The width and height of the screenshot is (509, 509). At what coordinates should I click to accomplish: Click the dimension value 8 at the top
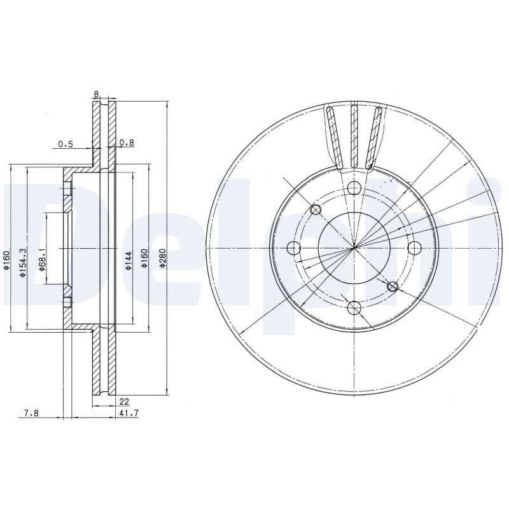(x=96, y=94)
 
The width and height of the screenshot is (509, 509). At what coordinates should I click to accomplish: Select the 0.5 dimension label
(x=66, y=144)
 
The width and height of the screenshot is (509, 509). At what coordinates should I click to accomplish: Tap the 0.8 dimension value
(x=127, y=143)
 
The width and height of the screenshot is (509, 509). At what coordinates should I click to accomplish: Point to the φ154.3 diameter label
(x=22, y=263)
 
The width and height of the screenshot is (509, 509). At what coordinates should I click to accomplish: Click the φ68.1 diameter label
(x=41, y=260)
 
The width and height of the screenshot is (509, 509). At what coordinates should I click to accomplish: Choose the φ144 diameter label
(x=129, y=261)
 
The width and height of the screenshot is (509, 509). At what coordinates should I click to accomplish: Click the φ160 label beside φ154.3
(x=6, y=260)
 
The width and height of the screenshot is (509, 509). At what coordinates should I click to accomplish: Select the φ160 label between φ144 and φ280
(x=145, y=258)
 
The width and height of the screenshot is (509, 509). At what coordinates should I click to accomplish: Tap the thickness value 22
(x=124, y=401)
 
